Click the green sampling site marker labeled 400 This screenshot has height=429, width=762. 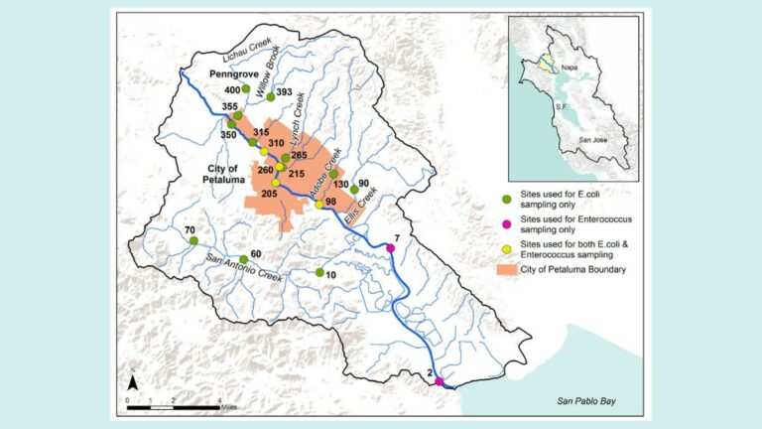(x=246, y=88)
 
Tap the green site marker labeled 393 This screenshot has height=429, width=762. (x=270, y=97)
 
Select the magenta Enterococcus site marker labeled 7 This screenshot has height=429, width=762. (x=390, y=247)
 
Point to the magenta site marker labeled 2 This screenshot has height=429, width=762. (x=439, y=381)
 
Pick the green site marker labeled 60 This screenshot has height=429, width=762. (x=244, y=259)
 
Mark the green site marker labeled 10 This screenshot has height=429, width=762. (x=318, y=271)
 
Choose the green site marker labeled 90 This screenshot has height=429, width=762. (x=354, y=189)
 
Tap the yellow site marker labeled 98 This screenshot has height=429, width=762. (x=319, y=205)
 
